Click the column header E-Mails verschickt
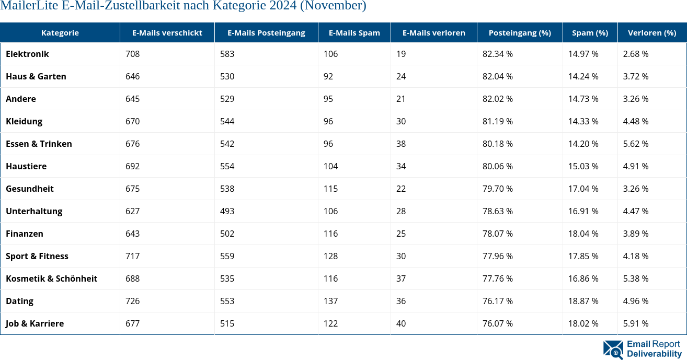click(x=167, y=32)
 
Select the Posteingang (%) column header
click(x=519, y=32)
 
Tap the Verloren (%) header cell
click(x=651, y=32)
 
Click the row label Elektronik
click(x=27, y=54)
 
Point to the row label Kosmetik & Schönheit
click(x=51, y=278)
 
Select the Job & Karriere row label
click(x=35, y=323)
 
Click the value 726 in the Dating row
click(x=132, y=301)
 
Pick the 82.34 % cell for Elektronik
click(x=497, y=54)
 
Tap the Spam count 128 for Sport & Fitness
click(x=330, y=256)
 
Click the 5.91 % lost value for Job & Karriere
click(x=635, y=323)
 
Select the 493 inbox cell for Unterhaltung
click(x=227, y=211)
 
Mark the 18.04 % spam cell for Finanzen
click(x=583, y=234)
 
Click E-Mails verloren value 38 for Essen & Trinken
click(x=401, y=144)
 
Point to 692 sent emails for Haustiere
click(x=132, y=166)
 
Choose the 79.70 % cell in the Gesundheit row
click(x=497, y=189)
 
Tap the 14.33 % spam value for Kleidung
click(x=583, y=121)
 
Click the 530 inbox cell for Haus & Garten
click(x=227, y=76)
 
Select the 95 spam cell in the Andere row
click(x=328, y=99)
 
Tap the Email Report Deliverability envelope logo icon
click(x=613, y=350)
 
